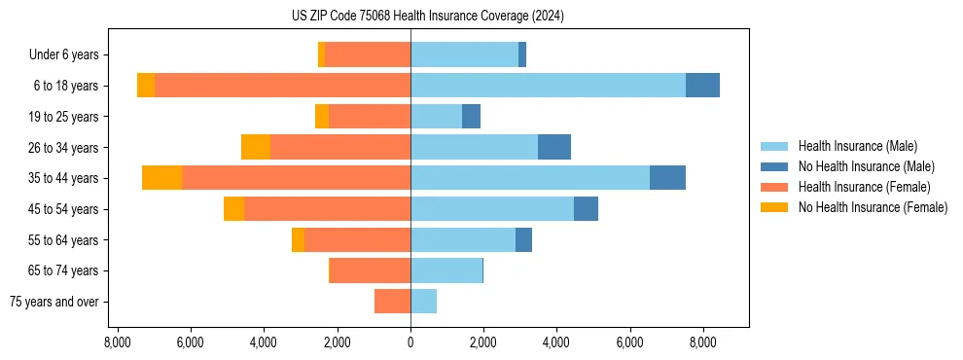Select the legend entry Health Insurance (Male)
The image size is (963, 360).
[857, 146]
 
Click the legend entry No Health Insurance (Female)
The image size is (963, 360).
[873, 207]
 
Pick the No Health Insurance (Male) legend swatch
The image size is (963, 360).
[775, 166]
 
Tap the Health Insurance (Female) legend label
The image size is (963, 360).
[864, 187]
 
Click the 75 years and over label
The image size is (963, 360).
[53, 302]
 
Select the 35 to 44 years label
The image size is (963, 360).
[65, 178]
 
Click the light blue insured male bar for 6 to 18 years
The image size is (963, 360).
[548, 86]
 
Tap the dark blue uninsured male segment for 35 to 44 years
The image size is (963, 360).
[667, 178]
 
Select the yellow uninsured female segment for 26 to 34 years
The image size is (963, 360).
[255, 147]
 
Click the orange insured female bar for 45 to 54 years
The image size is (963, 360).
[327, 209]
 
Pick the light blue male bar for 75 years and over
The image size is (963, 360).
[423, 302]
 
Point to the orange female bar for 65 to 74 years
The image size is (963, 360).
[370, 270]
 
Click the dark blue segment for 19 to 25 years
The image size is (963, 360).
[471, 117]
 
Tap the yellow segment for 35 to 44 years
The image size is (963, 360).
[161, 178]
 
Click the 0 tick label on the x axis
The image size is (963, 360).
[410, 342]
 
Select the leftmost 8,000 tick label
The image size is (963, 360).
[117, 342]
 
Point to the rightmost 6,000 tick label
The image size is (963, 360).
[630, 342]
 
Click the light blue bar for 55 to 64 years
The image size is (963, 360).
[463, 239]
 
